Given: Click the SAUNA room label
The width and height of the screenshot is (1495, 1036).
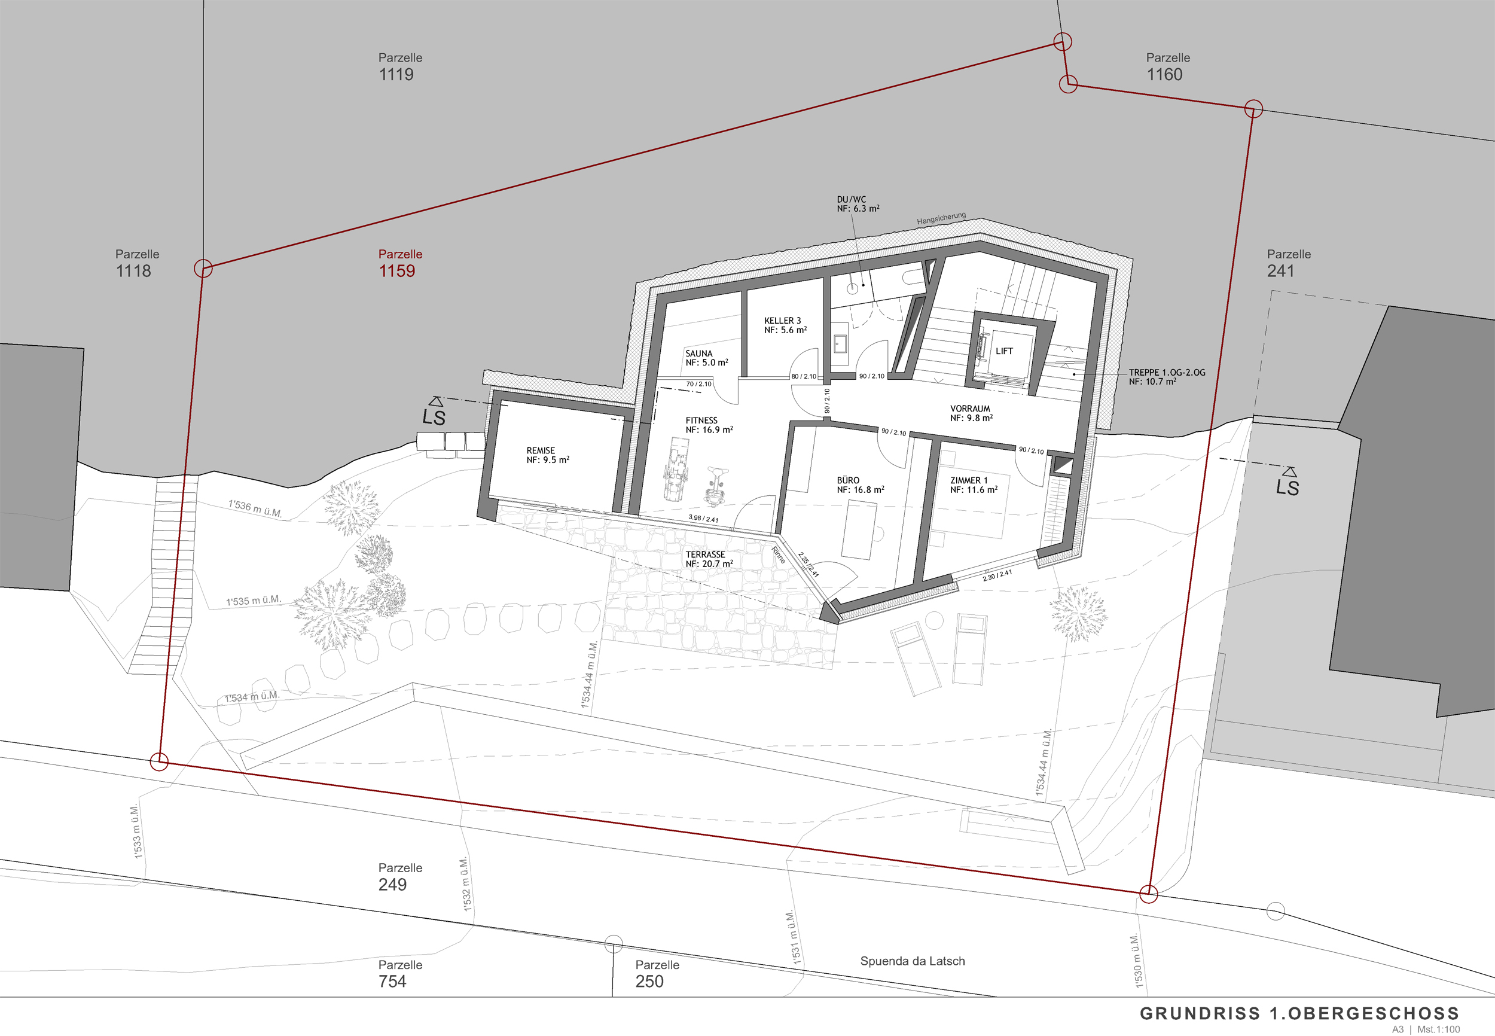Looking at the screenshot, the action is pyautogui.click(x=699, y=354).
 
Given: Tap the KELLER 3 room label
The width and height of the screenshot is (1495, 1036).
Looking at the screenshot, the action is pyautogui.click(x=783, y=321).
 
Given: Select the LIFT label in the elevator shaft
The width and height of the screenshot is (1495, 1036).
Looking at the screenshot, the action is pyautogui.click(x=1004, y=351).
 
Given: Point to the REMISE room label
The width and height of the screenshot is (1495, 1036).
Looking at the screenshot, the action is pyautogui.click(x=541, y=450).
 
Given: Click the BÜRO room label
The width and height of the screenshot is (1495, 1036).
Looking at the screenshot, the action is pyautogui.click(x=848, y=480).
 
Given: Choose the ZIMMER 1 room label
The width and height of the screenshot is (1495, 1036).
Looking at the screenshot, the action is pyautogui.click(x=969, y=480).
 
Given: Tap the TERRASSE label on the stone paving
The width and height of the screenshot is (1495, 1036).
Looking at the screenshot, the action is pyautogui.click(x=705, y=554).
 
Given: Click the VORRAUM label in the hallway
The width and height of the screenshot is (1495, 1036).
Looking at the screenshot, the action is pyautogui.click(x=970, y=409).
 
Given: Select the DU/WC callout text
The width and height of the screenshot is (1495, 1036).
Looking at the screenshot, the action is pyautogui.click(x=852, y=200).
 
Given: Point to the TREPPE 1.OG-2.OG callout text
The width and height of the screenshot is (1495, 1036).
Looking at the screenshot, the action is pyautogui.click(x=1167, y=373).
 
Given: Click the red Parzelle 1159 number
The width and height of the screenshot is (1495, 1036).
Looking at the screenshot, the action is pyautogui.click(x=397, y=272).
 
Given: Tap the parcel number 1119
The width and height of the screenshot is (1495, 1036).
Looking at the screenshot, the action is pyautogui.click(x=396, y=75).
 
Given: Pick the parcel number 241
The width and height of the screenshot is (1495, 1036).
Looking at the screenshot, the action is pyautogui.click(x=1281, y=272).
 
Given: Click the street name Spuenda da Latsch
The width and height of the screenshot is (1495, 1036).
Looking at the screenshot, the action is pyautogui.click(x=913, y=961).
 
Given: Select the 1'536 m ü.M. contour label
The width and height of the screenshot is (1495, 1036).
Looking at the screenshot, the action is pyautogui.click(x=255, y=508).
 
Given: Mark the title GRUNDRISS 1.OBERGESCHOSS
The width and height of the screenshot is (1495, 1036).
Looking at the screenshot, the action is pyautogui.click(x=1299, y=1013).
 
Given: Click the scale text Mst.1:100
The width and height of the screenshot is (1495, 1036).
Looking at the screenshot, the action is pyautogui.click(x=1439, y=1029).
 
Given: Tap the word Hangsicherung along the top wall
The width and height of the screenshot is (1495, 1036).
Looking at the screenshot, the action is pyautogui.click(x=941, y=219).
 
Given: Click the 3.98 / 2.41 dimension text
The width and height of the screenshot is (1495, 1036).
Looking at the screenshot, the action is pyautogui.click(x=703, y=519).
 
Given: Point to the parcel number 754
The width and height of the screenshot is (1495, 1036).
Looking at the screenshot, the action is pyautogui.click(x=392, y=982).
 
